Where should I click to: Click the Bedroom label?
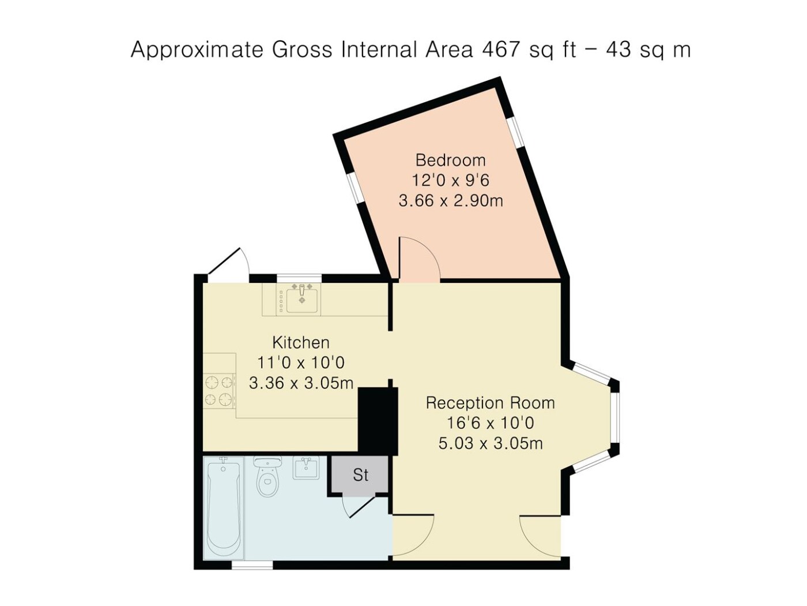point(450,160)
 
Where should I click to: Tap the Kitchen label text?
point(301,343)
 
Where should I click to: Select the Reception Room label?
point(490,403)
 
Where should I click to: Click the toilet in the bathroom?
point(267,477)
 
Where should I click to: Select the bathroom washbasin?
point(306,467)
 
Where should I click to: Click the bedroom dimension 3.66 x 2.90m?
point(451,201)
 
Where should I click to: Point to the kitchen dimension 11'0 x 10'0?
point(301,363)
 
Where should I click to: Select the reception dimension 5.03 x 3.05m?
point(491,443)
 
